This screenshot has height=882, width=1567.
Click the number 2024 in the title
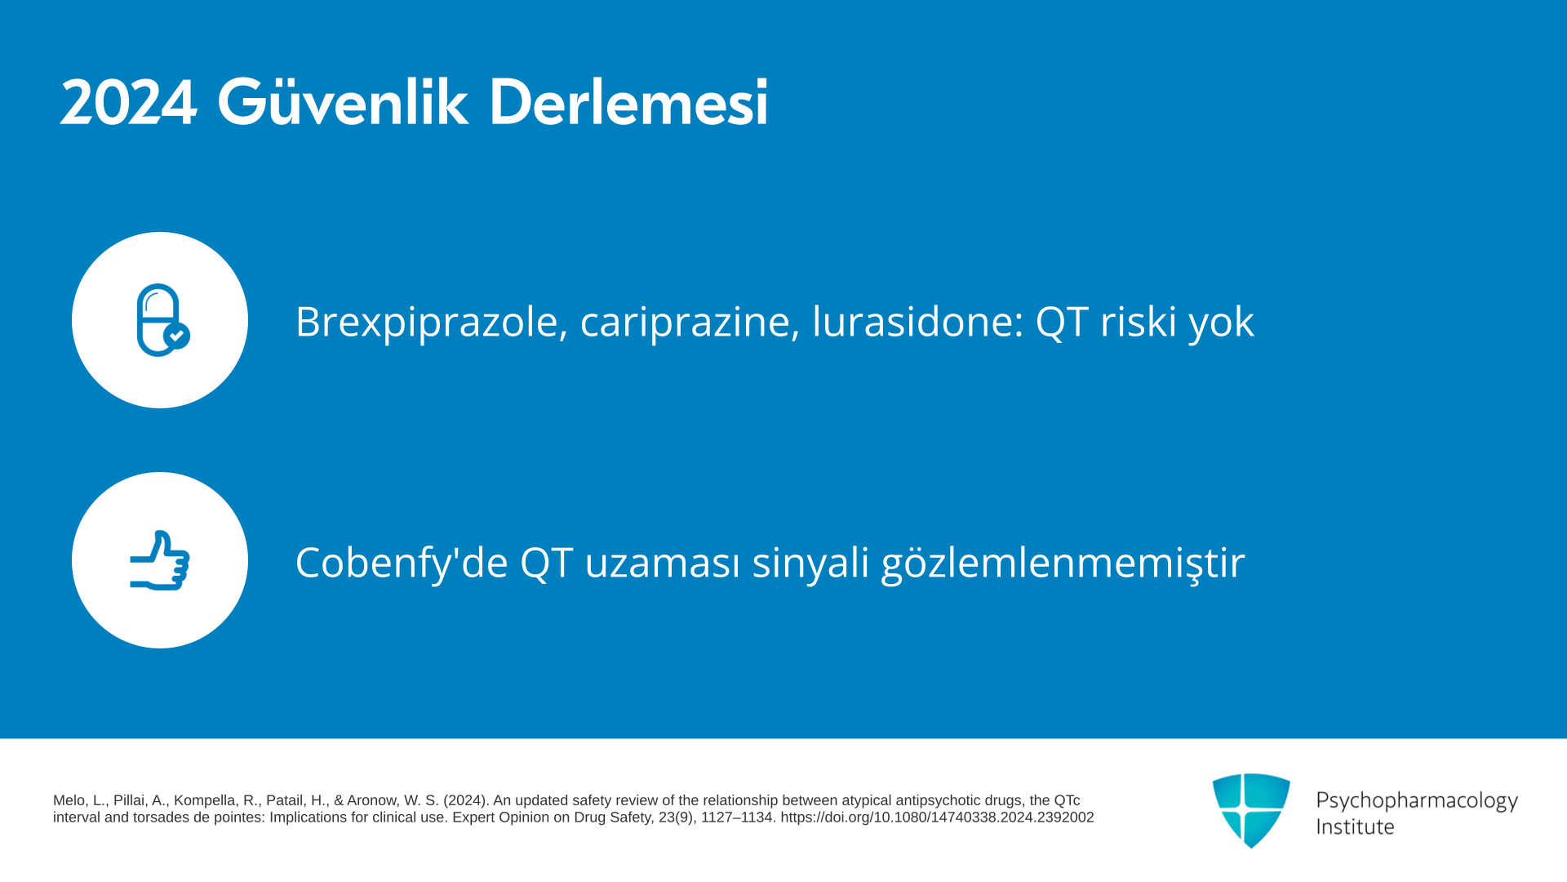(128, 103)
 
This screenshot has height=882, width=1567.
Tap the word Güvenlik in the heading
(342, 101)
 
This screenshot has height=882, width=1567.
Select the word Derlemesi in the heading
(628, 101)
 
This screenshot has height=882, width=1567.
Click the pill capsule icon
(162, 320)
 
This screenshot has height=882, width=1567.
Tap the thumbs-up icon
(160, 560)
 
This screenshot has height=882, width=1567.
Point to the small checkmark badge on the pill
(176, 336)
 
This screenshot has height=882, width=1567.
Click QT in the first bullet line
(1061, 321)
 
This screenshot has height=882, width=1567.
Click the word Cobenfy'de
(402, 562)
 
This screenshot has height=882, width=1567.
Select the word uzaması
(662, 563)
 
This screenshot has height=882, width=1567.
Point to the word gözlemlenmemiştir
(1063, 563)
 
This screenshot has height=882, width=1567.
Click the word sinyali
(810, 563)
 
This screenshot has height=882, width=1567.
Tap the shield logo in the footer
(1251, 810)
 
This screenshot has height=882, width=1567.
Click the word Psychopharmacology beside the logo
(1417, 800)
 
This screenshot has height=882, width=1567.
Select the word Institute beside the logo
(1355, 826)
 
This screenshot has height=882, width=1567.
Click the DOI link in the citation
(937, 817)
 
